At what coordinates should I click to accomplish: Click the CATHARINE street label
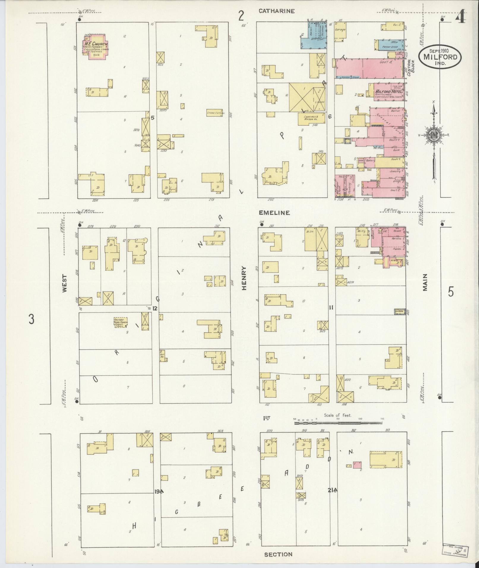(276, 11)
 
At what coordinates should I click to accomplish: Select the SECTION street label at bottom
(278, 554)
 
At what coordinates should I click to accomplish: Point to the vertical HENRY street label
(244, 278)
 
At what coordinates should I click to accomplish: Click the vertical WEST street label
(64, 284)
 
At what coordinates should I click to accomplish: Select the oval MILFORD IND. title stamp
(440, 56)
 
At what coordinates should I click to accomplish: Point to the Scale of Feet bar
(339, 422)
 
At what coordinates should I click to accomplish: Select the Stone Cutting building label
(215, 113)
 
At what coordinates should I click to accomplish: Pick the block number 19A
(159, 492)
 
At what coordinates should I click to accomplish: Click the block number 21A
(333, 490)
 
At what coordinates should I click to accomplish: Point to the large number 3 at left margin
(31, 319)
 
